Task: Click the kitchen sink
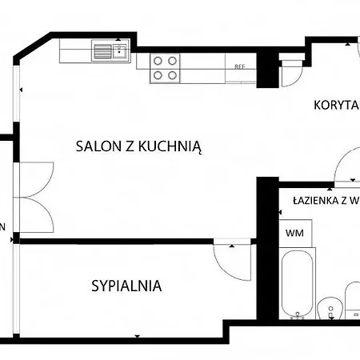(110, 53)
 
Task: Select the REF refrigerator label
(238, 67)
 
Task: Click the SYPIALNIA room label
(126, 285)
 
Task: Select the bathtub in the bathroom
(297, 284)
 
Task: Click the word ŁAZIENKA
(317, 201)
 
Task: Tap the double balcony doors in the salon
(34, 194)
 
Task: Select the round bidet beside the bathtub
(326, 309)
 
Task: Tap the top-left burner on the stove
(158, 60)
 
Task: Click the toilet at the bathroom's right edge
(353, 300)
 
